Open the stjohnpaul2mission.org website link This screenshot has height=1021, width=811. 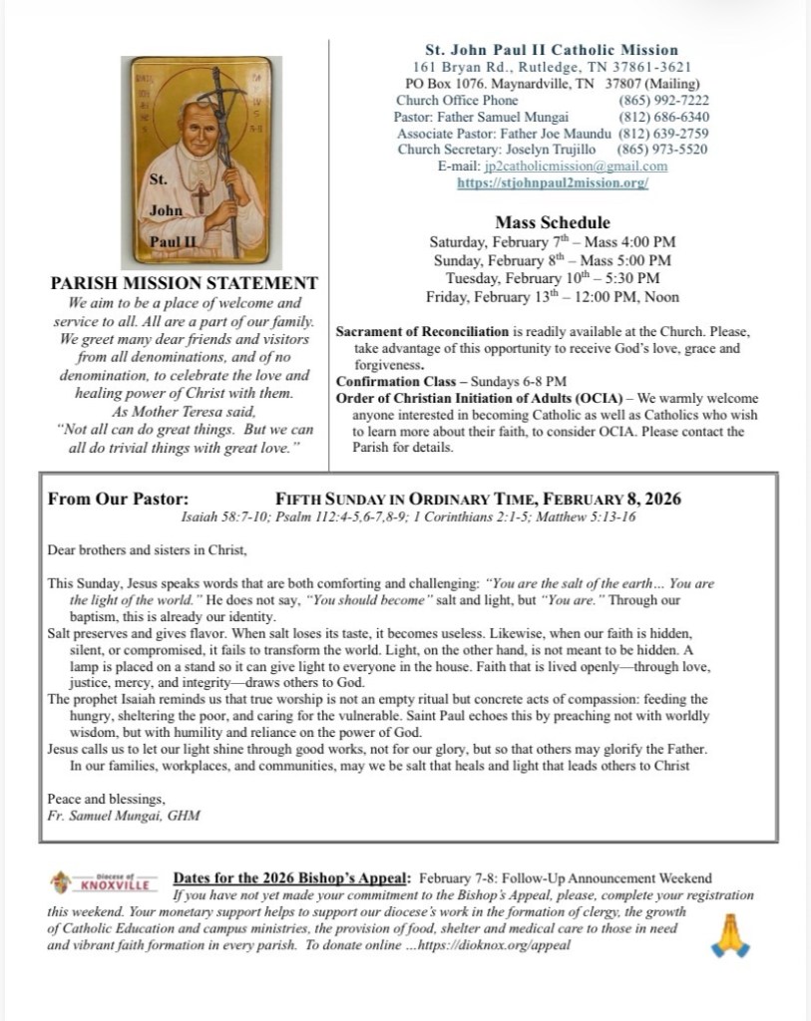point(553,183)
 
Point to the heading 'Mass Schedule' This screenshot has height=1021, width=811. point(552,222)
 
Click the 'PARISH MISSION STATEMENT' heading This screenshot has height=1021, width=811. point(185,283)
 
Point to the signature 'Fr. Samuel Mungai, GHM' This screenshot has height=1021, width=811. point(124,815)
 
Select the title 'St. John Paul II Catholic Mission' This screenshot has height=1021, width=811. point(552,50)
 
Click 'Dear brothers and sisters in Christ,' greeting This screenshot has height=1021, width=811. point(146,550)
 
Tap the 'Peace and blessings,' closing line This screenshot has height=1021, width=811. point(106,799)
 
